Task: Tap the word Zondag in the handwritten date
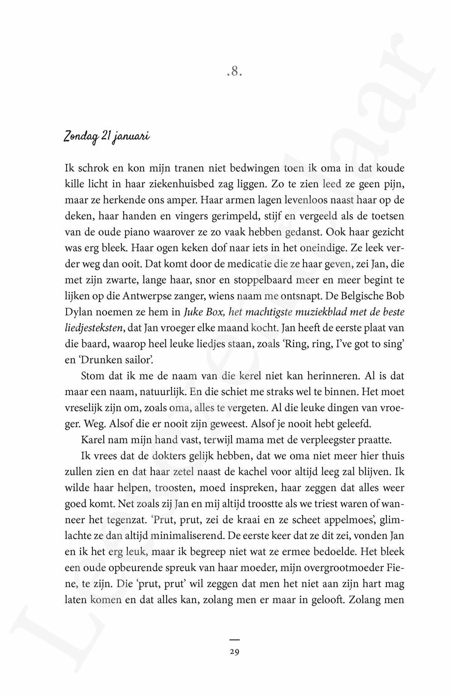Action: click(x=80, y=136)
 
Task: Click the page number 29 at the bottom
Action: click(x=234, y=652)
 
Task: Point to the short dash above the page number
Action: click(x=234, y=639)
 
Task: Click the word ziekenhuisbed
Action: click(x=176, y=184)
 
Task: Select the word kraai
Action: click(x=256, y=519)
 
